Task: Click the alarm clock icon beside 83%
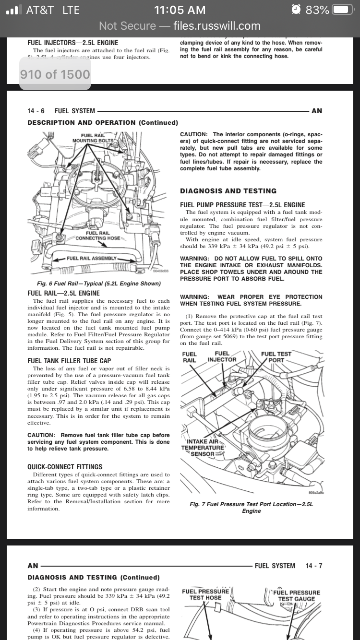click(x=297, y=10)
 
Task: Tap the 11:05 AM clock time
click(x=180, y=10)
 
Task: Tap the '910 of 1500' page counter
click(x=55, y=74)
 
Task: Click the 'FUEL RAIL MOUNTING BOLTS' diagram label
click(x=93, y=138)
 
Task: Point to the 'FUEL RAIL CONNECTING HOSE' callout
click(x=97, y=236)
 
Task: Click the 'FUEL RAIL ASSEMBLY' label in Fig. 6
click(x=91, y=258)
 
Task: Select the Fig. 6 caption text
click(x=99, y=284)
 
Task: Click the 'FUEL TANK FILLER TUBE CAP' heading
click(x=69, y=361)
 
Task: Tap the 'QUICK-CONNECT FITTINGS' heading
click(x=65, y=466)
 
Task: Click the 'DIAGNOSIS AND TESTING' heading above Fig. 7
click(x=228, y=191)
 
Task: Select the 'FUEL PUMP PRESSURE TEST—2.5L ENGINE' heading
click(x=242, y=205)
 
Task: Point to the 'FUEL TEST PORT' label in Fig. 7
click(x=276, y=357)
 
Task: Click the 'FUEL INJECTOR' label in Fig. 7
click(x=222, y=356)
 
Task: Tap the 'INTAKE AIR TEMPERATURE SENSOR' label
click(x=202, y=448)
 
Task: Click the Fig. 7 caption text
click(x=251, y=508)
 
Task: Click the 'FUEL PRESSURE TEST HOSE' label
click(x=205, y=594)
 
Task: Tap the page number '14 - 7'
click(x=313, y=566)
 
